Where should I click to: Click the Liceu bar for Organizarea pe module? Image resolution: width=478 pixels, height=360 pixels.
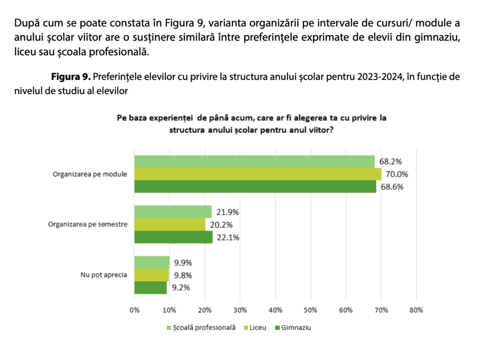tap(258, 174)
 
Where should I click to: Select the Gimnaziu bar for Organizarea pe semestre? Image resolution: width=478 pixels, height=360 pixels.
tap(173, 237)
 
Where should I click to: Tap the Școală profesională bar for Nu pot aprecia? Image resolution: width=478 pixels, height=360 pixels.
tap(152, 262)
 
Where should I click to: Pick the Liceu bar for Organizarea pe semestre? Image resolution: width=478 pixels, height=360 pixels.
tap(169, 225)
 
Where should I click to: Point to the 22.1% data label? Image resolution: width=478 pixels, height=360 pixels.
tap(227, 237)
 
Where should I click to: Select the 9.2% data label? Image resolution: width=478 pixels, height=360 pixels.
tap(181, 288)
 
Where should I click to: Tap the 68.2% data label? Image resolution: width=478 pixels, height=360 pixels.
tap(391, 162)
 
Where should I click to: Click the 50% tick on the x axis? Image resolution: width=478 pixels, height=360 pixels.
tap(310, 310)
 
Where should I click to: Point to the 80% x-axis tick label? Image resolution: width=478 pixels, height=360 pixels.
tap(416, 310)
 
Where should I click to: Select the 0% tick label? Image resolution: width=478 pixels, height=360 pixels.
tap(134, 310)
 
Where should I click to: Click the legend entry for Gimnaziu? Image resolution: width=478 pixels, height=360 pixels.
tap(296, 327)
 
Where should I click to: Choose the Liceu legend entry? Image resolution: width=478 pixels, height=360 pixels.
tap(258, 327)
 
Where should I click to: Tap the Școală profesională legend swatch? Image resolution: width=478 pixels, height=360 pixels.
tap(169, 328)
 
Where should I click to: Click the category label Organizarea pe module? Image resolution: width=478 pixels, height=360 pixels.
tap(90, 174)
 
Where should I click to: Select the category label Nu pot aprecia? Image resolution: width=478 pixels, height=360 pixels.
tap(104, 275)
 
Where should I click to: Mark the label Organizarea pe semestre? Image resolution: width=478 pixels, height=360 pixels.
tap(88, 224)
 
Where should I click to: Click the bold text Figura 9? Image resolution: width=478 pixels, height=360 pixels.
tap(70, 76)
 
